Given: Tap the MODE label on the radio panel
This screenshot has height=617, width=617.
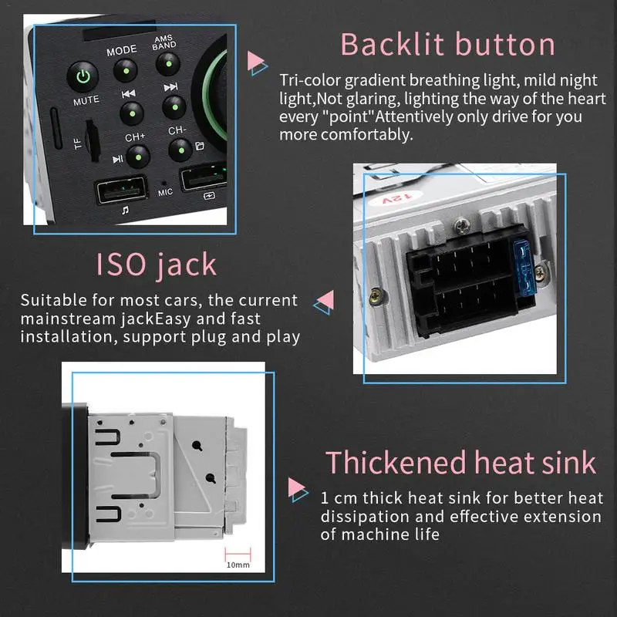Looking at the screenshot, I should point(121,50).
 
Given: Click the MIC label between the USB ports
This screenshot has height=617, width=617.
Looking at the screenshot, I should point(165,193).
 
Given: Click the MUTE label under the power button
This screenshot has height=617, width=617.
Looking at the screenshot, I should point(86,101).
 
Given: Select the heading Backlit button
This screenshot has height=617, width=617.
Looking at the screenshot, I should point(447,44).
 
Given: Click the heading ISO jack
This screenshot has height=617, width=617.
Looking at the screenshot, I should point(157,265).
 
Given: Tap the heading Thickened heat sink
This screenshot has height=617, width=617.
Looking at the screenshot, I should point(460,462).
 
